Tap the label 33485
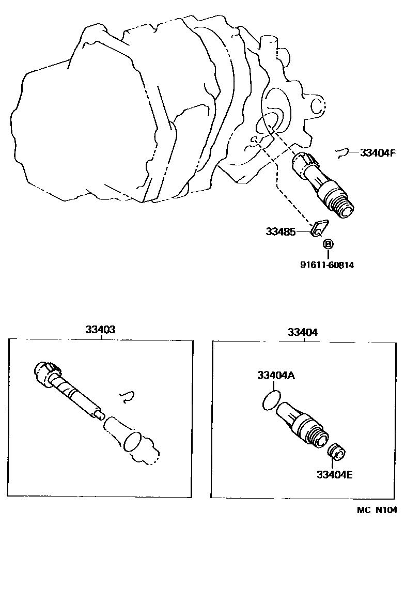[281, 232]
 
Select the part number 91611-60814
[327, 265]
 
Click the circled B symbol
[328, 243]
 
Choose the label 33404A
[276, 376]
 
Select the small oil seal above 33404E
[337, 451]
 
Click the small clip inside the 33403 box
[127, 396]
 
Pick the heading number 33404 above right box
[303, 332]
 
